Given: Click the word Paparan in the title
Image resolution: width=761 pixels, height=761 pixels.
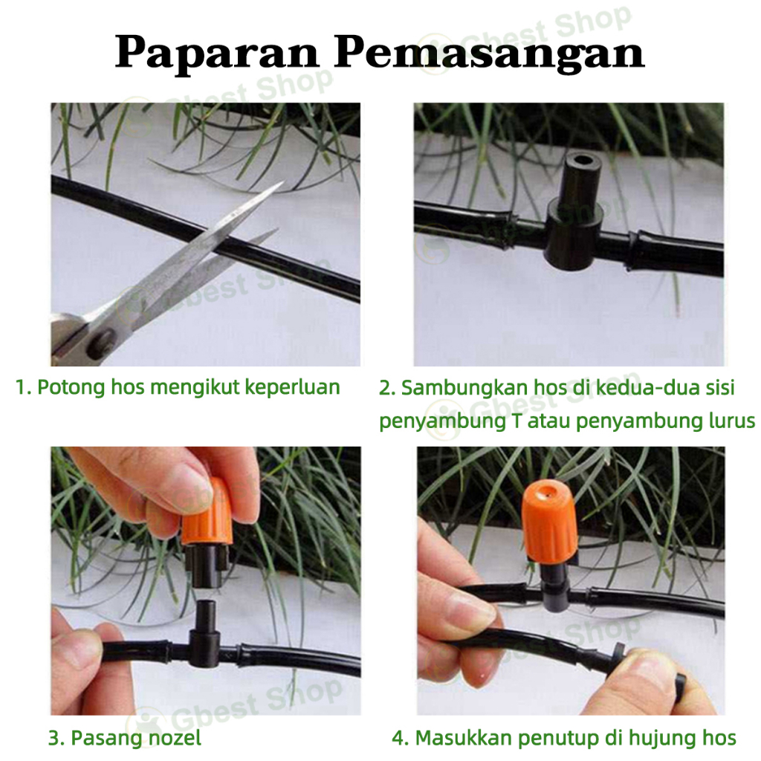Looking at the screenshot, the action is click(216, 53).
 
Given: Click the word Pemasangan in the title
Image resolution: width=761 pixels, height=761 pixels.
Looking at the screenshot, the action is click(489, 53).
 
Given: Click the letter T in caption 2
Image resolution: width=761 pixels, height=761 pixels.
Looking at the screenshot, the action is click(516, 421).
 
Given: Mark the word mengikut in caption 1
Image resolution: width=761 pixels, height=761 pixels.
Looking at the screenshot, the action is click(175, 388).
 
